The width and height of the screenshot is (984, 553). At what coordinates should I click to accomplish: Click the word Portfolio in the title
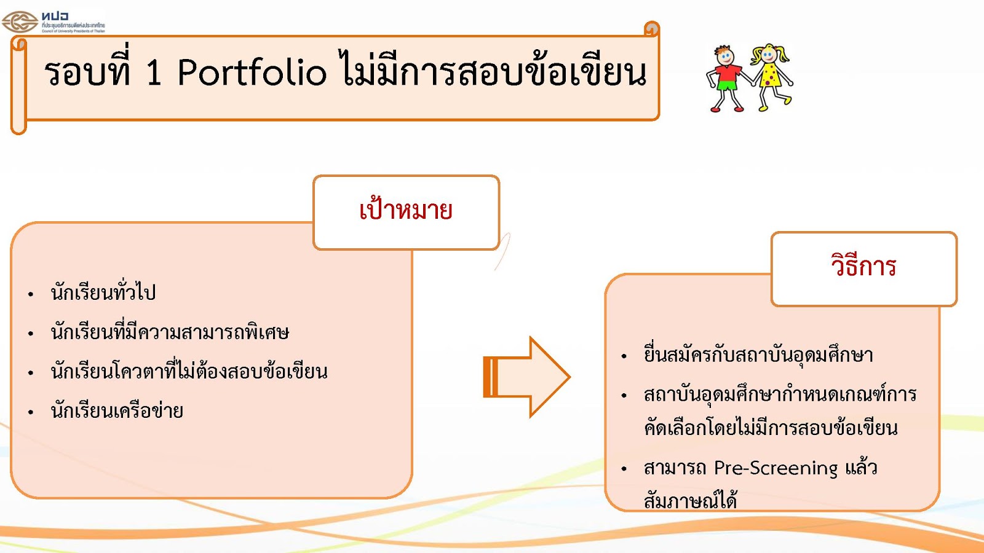click(252, 73)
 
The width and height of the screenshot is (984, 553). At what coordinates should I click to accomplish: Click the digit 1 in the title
click(154, 73)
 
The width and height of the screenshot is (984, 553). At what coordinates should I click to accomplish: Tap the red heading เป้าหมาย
click(406, 211)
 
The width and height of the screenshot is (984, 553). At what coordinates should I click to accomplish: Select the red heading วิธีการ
click(863, 266)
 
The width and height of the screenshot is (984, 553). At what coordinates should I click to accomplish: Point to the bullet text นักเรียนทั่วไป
click(103, 292)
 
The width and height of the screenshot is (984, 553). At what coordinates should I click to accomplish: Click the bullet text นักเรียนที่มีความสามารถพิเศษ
click(170, 332)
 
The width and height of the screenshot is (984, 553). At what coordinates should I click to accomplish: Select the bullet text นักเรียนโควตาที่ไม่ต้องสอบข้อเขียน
click(189, 372)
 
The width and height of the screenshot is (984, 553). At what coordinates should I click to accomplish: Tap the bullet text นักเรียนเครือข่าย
click(117, 411)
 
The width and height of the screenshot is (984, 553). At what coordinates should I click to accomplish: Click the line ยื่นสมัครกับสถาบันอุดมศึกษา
click(758, 355)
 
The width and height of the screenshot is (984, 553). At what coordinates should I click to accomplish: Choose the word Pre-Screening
click(776, 468)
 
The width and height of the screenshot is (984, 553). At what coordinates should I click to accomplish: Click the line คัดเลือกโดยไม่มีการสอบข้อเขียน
click(771, 428)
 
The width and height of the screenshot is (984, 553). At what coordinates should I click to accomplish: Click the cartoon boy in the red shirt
click(726, 78)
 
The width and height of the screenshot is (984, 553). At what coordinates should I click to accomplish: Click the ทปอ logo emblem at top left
click(20, 22)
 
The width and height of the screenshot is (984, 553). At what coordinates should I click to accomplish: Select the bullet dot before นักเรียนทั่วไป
click(31, 294)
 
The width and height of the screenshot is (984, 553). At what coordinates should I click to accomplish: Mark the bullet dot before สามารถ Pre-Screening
click(624, 469)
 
